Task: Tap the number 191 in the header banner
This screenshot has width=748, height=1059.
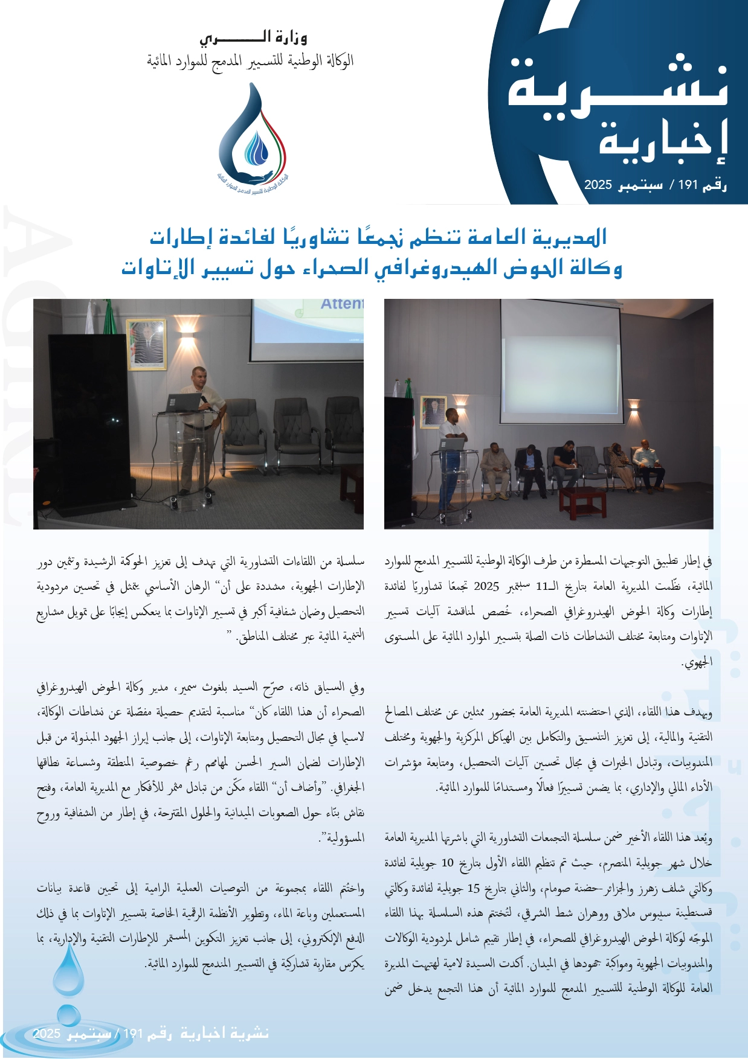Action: click(688, 185)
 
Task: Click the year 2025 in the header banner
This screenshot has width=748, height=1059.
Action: click(598, 185)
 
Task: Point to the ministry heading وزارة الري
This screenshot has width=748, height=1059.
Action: click(253, 39)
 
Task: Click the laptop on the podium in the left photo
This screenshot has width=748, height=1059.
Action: click(183, 402)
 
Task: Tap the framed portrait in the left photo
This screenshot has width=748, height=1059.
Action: click(146, 344)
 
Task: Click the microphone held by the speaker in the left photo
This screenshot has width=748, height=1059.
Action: click(204, 400)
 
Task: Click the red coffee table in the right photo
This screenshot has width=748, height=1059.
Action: click(582, 501)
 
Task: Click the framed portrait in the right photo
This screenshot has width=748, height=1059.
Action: click(433, 412)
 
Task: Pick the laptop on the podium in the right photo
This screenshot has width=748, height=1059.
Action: click(451, 444)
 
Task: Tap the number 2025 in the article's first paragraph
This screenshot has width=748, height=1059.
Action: click(486, 586)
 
